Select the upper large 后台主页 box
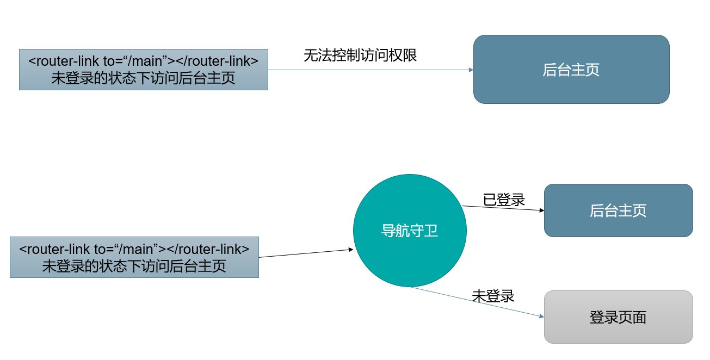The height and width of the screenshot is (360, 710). click(x=571, y=70)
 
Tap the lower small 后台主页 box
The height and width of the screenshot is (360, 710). click(x=618, y=210)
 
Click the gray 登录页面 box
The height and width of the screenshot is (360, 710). click(x=618, y=317)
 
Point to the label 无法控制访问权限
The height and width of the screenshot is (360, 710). click(x=360, y=55)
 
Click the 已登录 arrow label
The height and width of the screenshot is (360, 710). click(x=504, y=200)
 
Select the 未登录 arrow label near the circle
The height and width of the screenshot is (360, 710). click(x=493, y=296)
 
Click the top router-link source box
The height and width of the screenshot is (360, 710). click(x=143, y=70)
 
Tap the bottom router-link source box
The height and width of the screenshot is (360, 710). click(x=134, y=257)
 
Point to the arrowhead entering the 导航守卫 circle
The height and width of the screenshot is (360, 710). click(x=350, y=250)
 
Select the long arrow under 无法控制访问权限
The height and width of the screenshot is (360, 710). click(x=370, y=70)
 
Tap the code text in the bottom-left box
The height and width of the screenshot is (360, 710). click(x=134, y=249)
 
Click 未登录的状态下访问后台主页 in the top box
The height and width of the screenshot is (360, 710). click(x=143, y=78)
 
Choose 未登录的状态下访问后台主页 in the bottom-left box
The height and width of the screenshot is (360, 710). click(x=134, y=266)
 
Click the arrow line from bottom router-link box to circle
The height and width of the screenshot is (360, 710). click(x=305, y=253)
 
